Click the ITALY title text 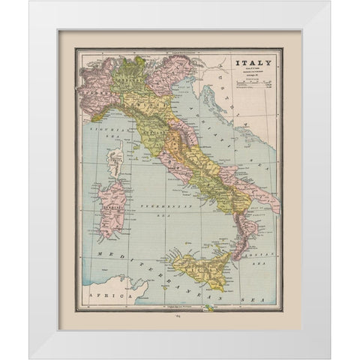pos(250,63)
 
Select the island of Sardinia pos(112,206)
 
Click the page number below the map pos(180,319)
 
